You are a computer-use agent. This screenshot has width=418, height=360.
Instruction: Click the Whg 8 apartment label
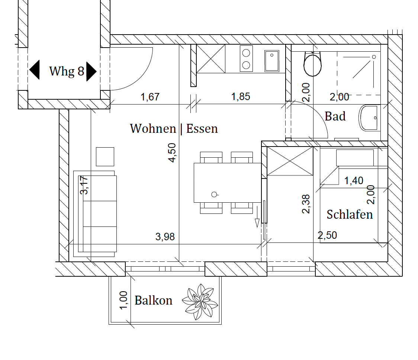[x=67, y=71]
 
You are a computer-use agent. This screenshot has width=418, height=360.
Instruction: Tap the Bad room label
[x=335, y=116]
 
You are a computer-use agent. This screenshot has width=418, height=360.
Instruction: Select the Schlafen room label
[x=350, y=214]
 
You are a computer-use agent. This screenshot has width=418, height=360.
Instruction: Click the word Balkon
[x=153, y=300]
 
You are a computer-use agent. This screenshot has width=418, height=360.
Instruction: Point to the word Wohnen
[x=153, y=129]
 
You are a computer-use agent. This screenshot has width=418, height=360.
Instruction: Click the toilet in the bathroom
[x=312, y=64]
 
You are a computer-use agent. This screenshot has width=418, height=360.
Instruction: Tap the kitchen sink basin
[x=271, y=61]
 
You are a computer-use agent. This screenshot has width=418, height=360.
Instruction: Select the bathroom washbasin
[x=370, y=118]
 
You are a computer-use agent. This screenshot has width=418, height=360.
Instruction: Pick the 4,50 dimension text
[x=172, y=152]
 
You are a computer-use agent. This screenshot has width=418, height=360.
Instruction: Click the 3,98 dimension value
[x=165, y=237]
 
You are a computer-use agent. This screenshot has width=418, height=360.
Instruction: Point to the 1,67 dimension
[x=150, y=97]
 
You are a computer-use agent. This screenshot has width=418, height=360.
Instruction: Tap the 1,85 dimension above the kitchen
[x=241, y=96]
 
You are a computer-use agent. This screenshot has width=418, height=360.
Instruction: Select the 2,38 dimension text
[x=306, y=204]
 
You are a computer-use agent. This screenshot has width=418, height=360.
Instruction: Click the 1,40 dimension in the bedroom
[x=354, y=180]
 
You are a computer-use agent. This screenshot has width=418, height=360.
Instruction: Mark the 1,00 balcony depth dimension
[x=123, y=300]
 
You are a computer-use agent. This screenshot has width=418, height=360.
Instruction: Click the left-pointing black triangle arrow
[x=34, y=70]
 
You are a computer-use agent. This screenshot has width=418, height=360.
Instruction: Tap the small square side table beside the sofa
[x=105, y=157]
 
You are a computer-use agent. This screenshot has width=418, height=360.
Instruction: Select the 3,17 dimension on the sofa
[x=84, y=185]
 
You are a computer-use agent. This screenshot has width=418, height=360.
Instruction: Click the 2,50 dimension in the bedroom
[x=327, y=235]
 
